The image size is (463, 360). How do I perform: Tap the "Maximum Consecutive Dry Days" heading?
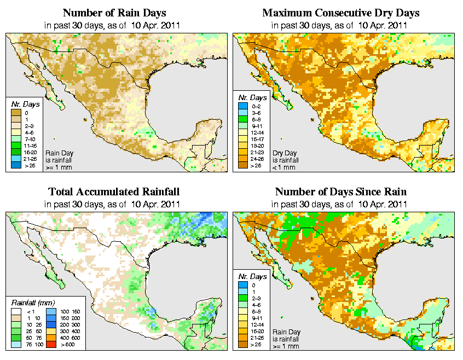[x=340, y=13]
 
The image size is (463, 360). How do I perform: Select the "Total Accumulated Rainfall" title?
[x=113, y=192]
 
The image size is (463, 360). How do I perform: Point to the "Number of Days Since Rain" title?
[x=340, y=192]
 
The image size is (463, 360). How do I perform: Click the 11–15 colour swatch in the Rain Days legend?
[x=16, y=146]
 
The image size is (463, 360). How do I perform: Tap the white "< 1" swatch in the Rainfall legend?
[x=16, y=311]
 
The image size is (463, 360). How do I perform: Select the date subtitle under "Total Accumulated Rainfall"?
[x=113, y=204]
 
